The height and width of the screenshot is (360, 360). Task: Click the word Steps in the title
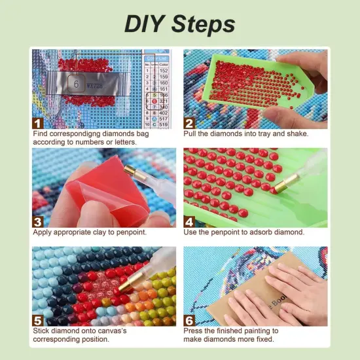coord(203,24)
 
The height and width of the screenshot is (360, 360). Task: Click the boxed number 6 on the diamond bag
coord(76,84)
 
